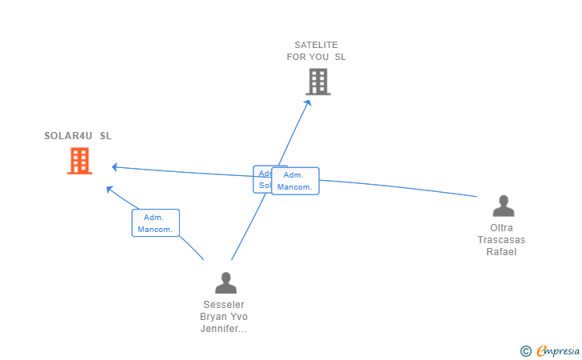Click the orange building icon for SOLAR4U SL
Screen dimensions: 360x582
coord(79,162)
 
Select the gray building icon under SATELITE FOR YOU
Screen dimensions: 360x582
coord(317,82)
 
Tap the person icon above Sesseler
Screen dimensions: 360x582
coord(226,283)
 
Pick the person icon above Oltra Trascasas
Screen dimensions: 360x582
coord(503,206)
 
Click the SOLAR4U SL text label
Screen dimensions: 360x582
coord(78,135)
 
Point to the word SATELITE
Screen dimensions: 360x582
coord(317,45)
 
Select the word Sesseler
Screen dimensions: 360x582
coord(223,305)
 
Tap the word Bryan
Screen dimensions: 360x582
coord(213,317)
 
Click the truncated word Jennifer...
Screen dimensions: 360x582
coord(223,329)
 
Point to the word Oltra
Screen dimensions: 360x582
coord(502,228)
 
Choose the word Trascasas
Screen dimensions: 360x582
coord(502,240)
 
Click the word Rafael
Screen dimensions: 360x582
coord(502,252)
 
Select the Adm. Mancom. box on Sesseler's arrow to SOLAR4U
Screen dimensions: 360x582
coord(155,223)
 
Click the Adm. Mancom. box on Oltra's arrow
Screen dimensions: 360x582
coord(295,181)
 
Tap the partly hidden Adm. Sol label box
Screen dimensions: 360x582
coord(262,179)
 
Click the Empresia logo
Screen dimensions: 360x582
coord(554,350)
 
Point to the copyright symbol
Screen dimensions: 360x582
coord(525,350)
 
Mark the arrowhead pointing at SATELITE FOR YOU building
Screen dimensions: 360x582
coord(309,102)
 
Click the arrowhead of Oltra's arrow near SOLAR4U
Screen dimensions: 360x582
coord(115,167)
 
